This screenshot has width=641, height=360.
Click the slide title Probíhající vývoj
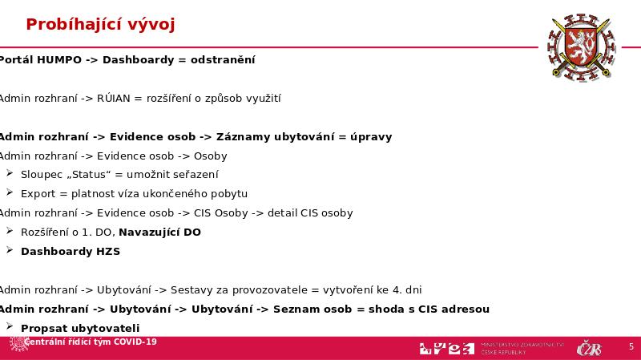100,25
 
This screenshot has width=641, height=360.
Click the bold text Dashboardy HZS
71,252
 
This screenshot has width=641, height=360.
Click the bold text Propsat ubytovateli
80,329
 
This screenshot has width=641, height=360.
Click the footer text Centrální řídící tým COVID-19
91,342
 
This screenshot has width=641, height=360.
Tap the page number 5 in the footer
631,346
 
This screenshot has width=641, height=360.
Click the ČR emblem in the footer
589,349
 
